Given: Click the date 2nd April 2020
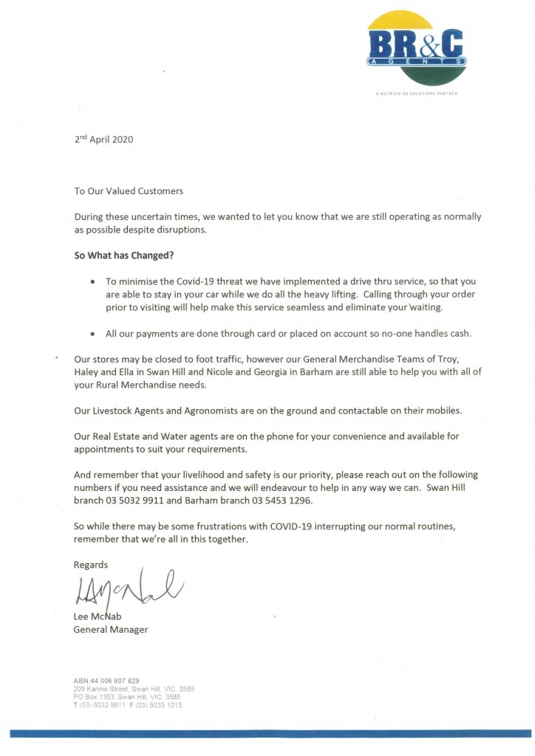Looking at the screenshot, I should click(x=103, y=139).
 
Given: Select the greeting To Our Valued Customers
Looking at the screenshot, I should click(x=129, y=190).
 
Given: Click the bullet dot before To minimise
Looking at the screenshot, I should click(x=92, y=282).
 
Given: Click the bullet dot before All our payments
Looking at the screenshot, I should click(x=92, y=334).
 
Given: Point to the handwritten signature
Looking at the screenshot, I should click(x=126, y=588).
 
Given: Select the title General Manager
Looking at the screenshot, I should click(x=111, y=630).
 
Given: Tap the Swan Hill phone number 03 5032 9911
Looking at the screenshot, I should click(x=138, y=501).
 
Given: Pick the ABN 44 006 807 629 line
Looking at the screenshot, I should click(x=106, y=680).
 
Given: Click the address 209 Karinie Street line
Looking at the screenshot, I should click(x=134, y=688).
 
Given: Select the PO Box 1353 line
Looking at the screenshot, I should click(x=127, y=696).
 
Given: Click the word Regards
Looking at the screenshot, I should click(x=91, y=565).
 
